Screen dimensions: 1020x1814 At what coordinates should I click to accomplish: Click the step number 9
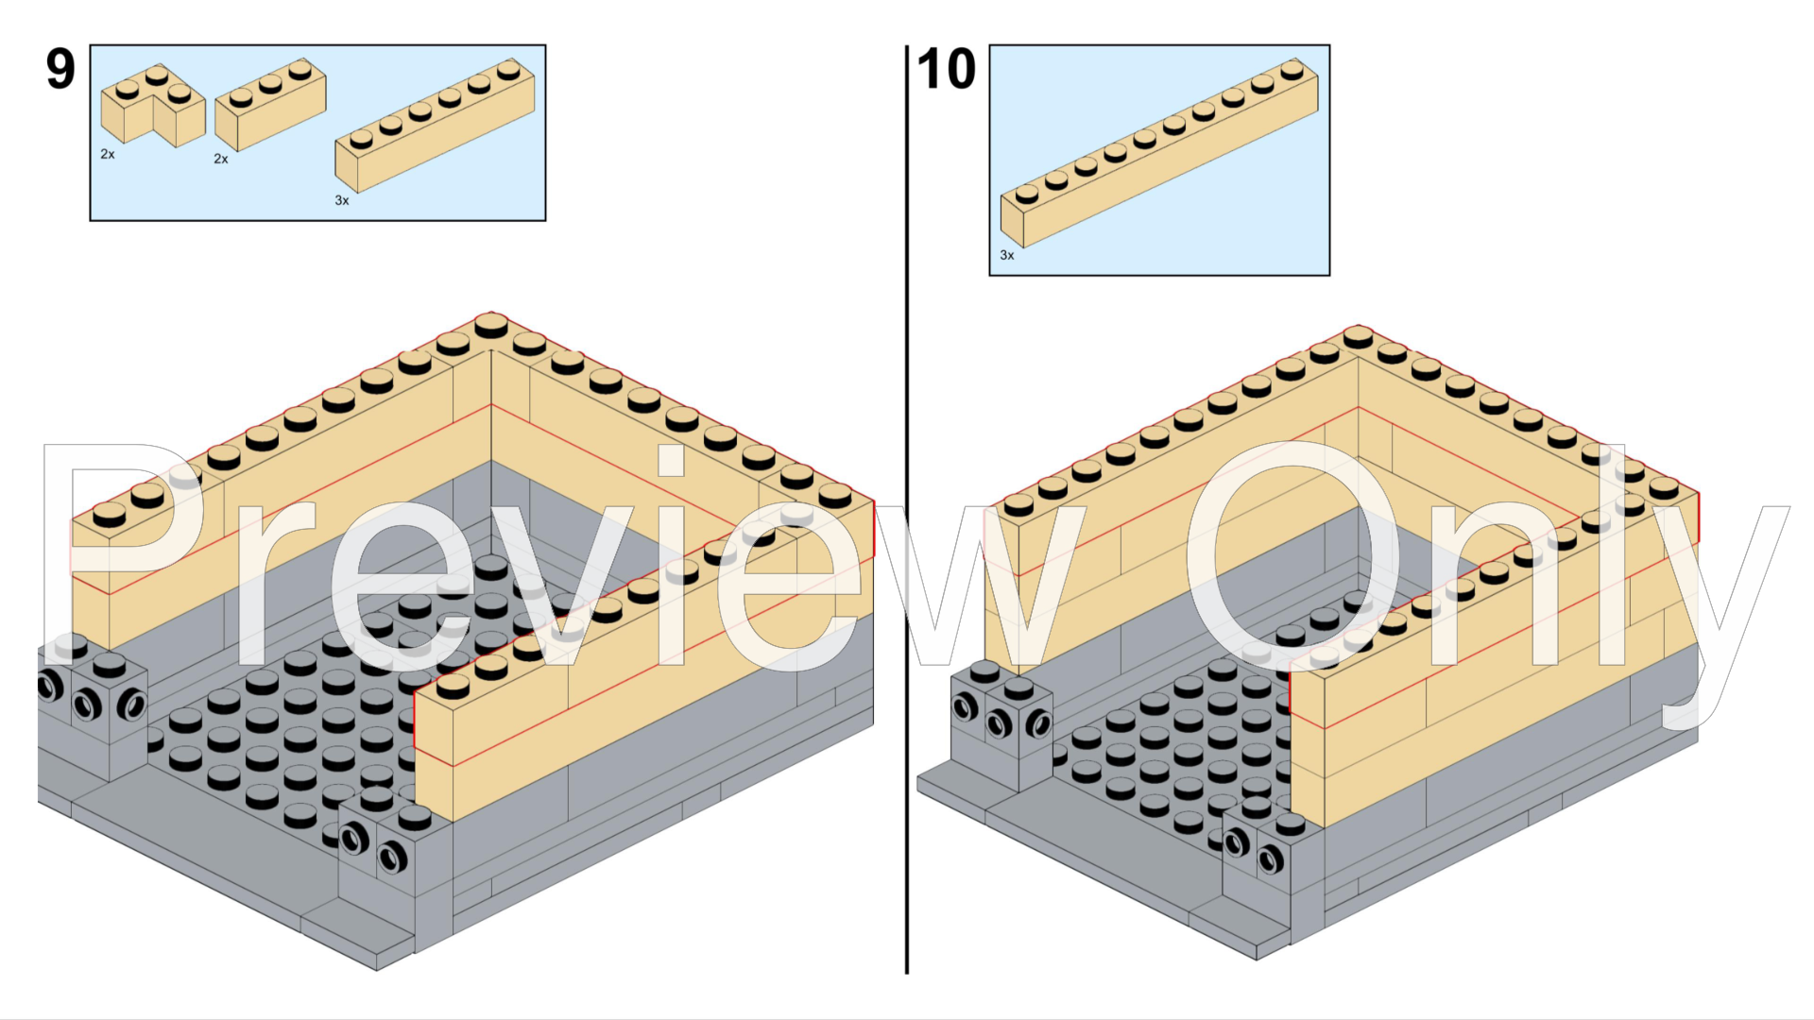click(60, 70)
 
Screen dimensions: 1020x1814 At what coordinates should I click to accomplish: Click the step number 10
click(946, 70)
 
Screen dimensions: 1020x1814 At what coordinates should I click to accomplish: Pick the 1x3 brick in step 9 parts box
click(270, 106)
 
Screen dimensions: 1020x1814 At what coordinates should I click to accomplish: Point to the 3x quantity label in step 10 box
click(1007, 256)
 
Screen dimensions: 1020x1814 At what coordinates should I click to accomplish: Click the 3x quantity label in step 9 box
click(342, 201)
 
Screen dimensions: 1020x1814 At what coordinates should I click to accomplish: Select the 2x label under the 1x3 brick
click(221, 160)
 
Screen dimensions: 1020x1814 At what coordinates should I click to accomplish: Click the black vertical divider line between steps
click(907, 510)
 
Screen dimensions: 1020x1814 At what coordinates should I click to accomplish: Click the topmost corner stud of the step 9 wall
click(491, 326)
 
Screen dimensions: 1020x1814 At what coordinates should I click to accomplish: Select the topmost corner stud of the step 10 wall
click(1358, 337)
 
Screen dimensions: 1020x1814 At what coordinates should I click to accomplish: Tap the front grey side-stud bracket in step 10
click(1257, 850)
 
